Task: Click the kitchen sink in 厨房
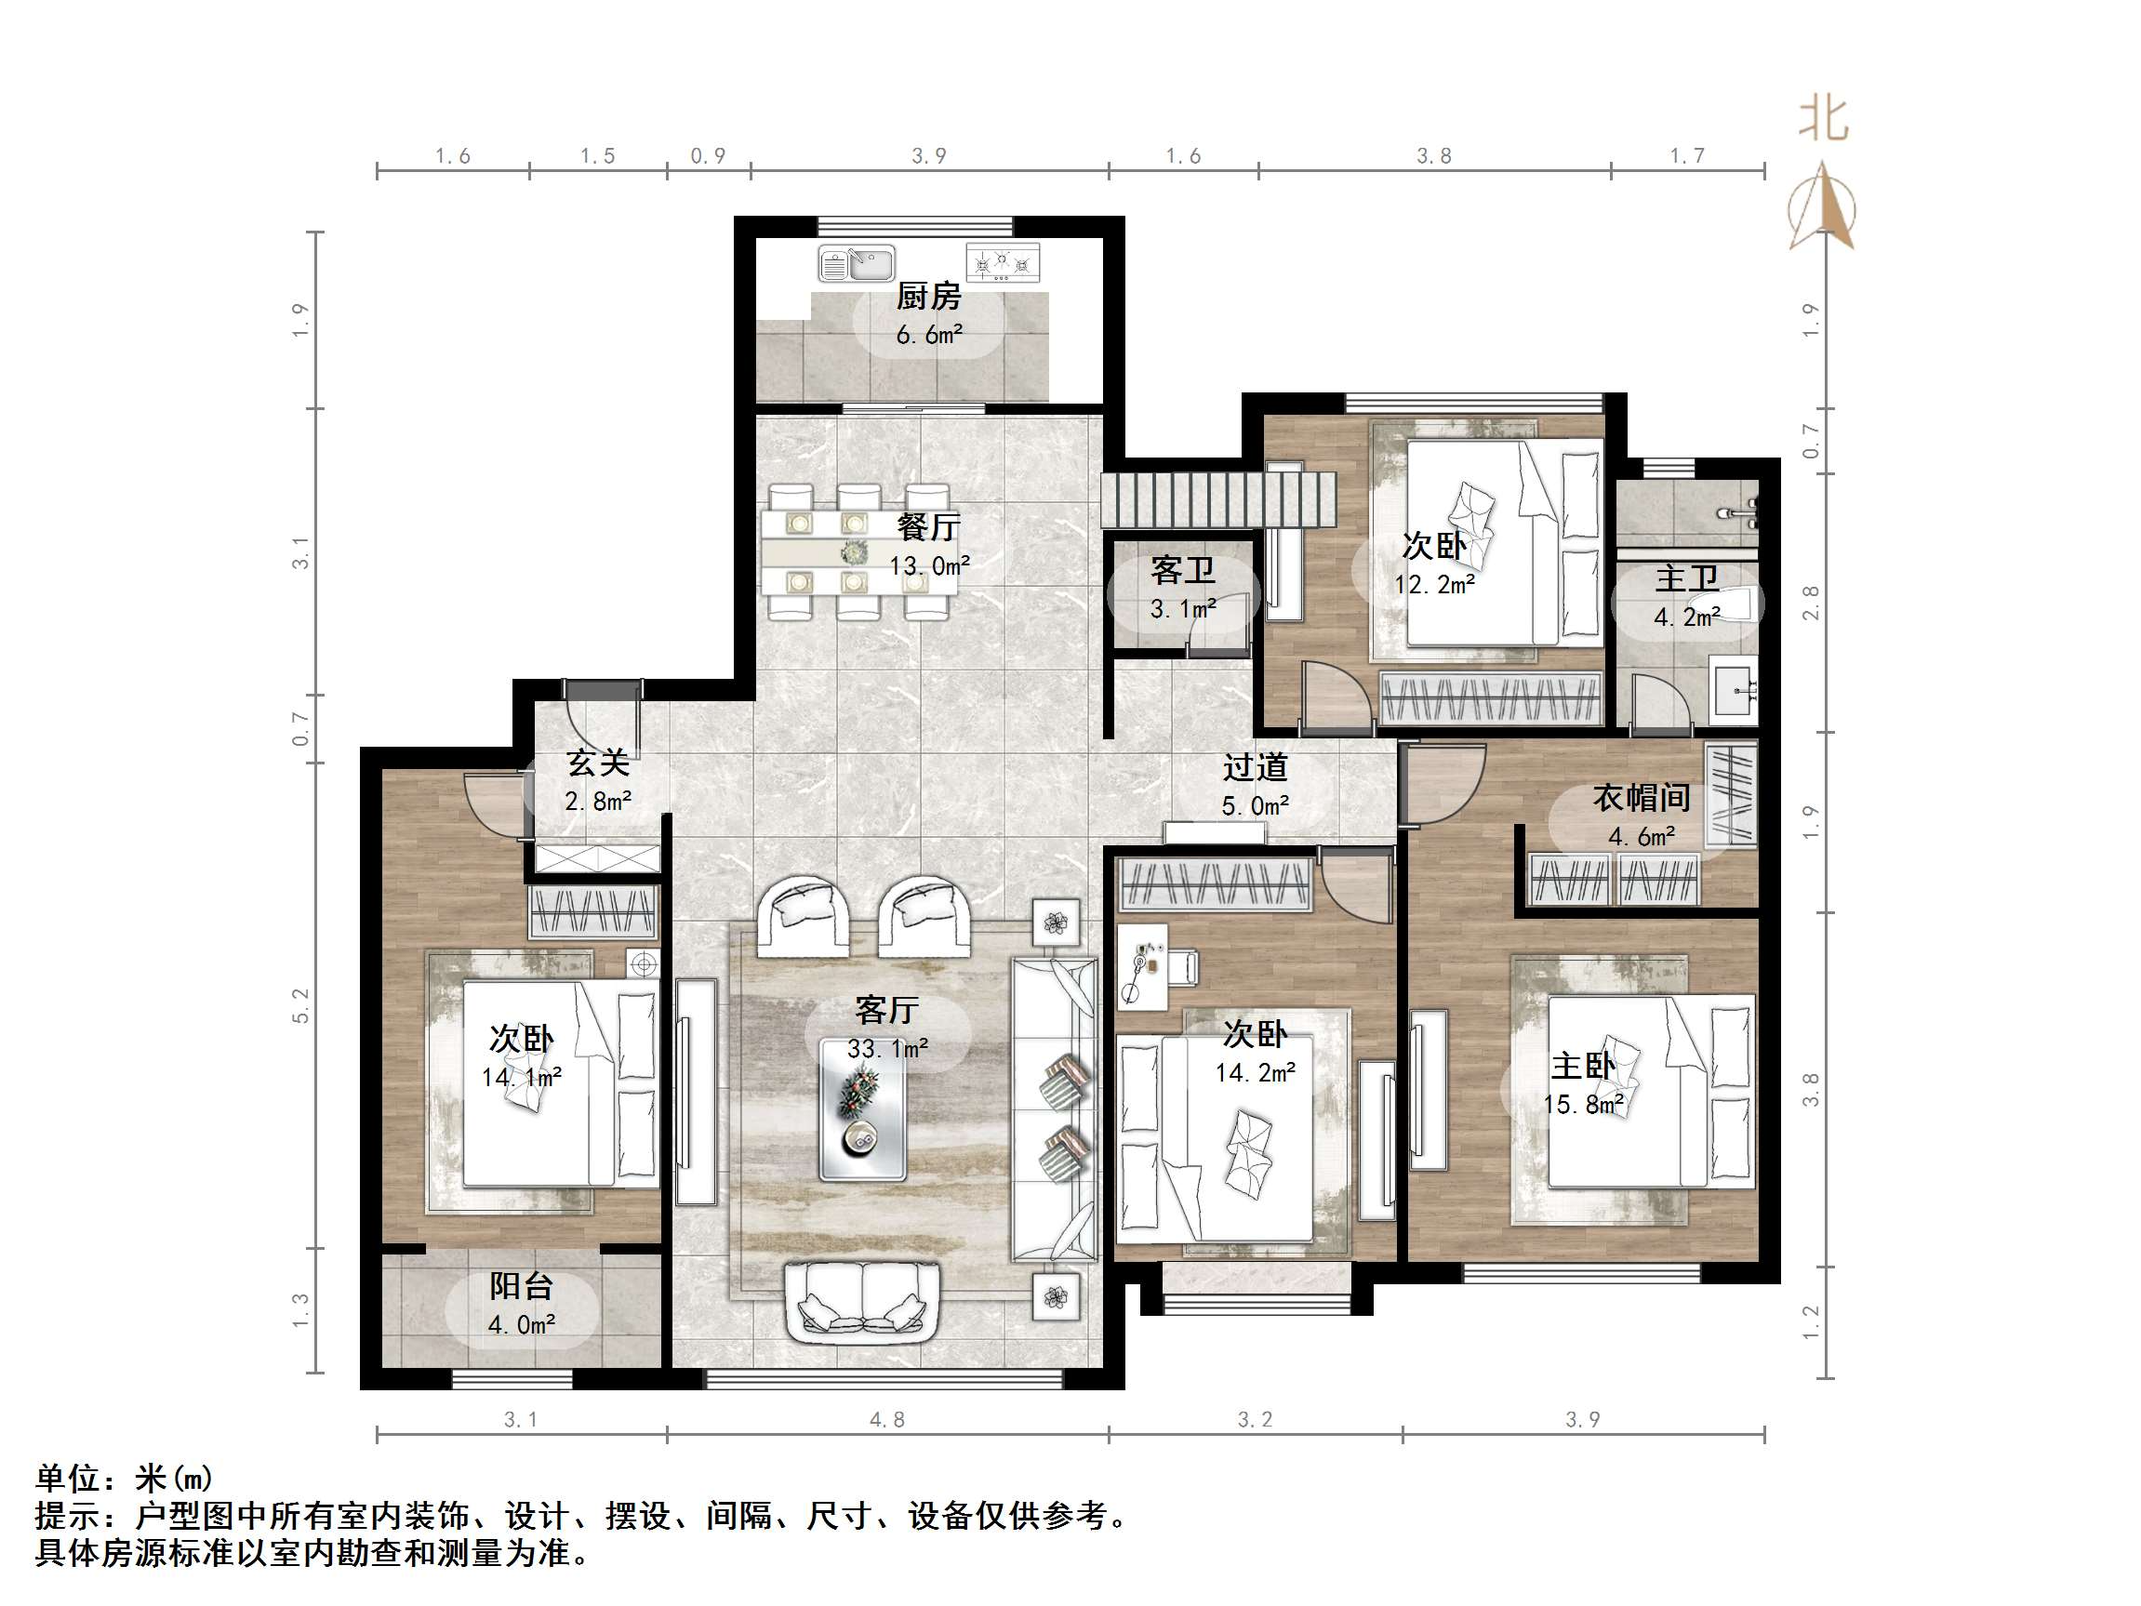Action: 856,263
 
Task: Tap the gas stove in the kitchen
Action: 1003,263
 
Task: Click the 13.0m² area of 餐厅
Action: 929,565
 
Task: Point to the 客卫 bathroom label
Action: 1183,571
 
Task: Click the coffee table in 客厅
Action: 862,1109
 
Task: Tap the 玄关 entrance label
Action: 598,763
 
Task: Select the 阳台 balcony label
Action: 521,1286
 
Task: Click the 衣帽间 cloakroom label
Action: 1642,799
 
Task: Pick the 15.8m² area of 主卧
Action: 1583,1105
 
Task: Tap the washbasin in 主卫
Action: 1735,689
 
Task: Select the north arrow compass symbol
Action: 1822,208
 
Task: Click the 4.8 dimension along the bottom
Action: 886,1419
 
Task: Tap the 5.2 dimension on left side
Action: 301,1006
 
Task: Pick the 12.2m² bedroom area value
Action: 1433,585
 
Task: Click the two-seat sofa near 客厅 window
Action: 861,1302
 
